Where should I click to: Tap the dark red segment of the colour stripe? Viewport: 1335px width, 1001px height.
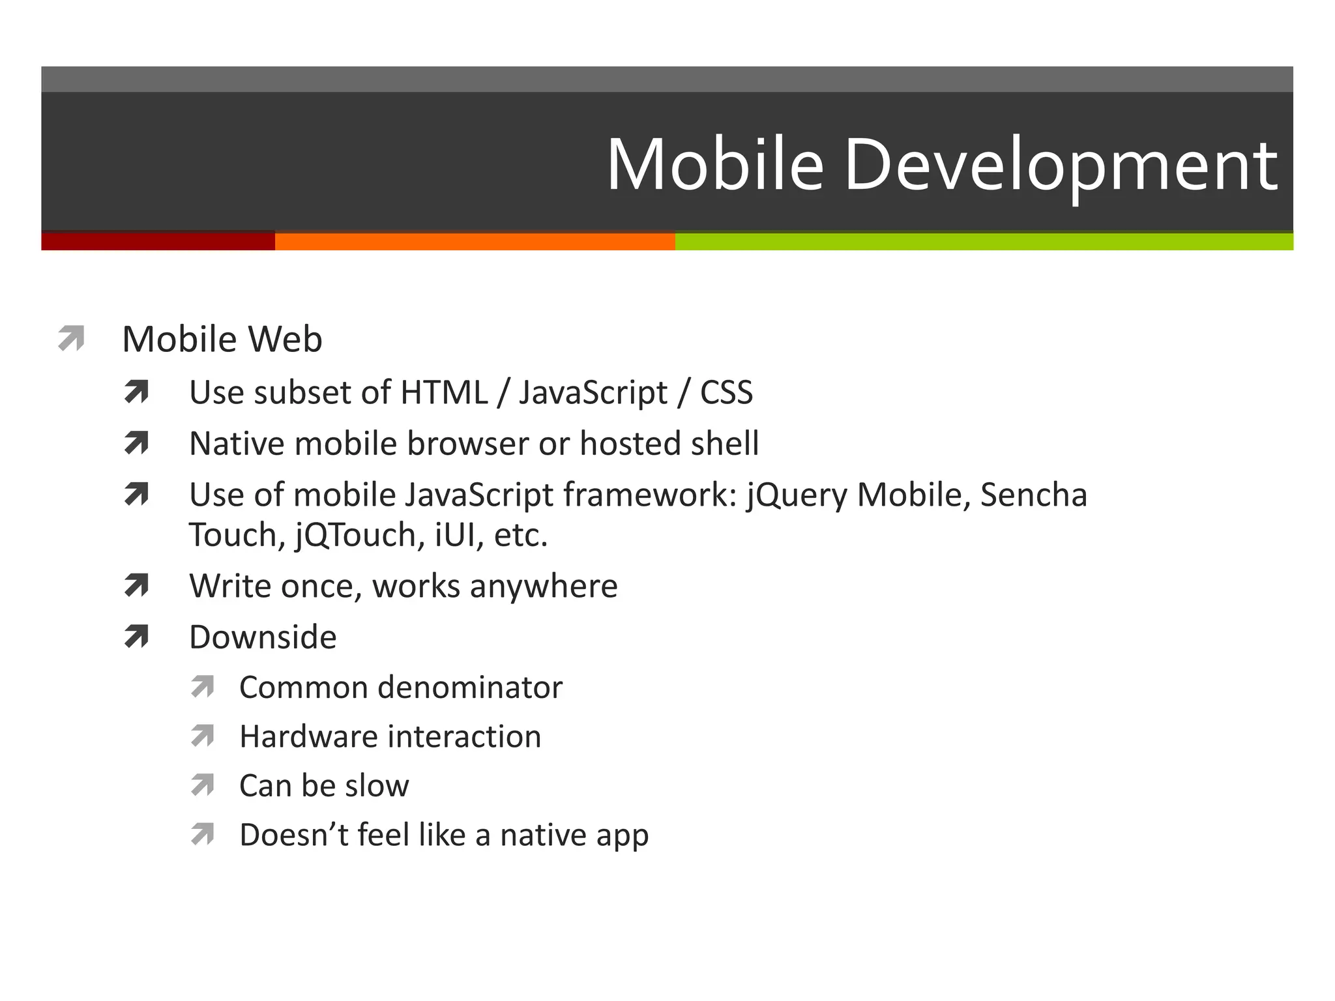pyautogui.click(x=158, y=241)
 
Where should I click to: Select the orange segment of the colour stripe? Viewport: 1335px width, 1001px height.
pyautogui.click(x=475, y=241)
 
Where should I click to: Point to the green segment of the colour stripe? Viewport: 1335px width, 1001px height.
pyautogui.click(x=984, y=241)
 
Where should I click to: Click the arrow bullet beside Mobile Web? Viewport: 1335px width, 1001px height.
pyautogui.click(x=71, y=338)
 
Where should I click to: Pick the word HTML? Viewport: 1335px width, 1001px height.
pyautogui.click(x=444, y=393)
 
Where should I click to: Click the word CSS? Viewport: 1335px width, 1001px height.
pyautogui.click(x=726, y=393)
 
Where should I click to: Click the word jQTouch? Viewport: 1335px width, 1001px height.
pyautogui.click(x=355, y=536)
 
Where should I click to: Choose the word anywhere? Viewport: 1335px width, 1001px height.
pyautogui.click(x=544, y=587)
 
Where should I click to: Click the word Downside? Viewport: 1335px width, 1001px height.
pyautogui.click(x=263, y=637)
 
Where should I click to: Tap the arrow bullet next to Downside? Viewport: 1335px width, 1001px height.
pyautogui.click(x=136, y=636)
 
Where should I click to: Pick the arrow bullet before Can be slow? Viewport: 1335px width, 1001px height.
pyautogui.click(x=203, y=785)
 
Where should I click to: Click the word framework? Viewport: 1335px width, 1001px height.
pyautogui.click(x=650, y=495)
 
